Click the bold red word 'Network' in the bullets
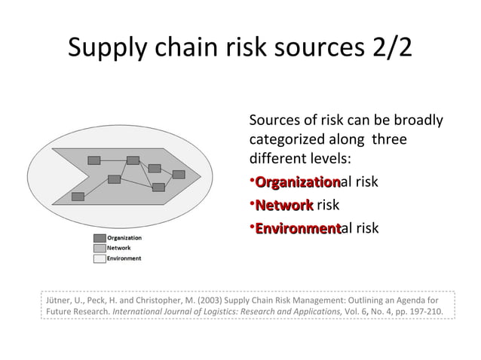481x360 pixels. tap(284, 205)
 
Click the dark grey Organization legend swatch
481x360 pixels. tap(99, 238)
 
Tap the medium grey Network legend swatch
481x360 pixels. tap(99, 248)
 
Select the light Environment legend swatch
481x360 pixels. tap(99, 258)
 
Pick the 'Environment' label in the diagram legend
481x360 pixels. tap(124, 258)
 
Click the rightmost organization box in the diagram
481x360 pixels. tap(179, 174)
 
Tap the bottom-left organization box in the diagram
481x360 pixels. tap(78, 197)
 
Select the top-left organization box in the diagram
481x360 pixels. tap(94, 160)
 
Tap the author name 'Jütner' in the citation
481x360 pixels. tap(57, 299)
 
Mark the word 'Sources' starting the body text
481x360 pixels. tap(273, 121)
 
